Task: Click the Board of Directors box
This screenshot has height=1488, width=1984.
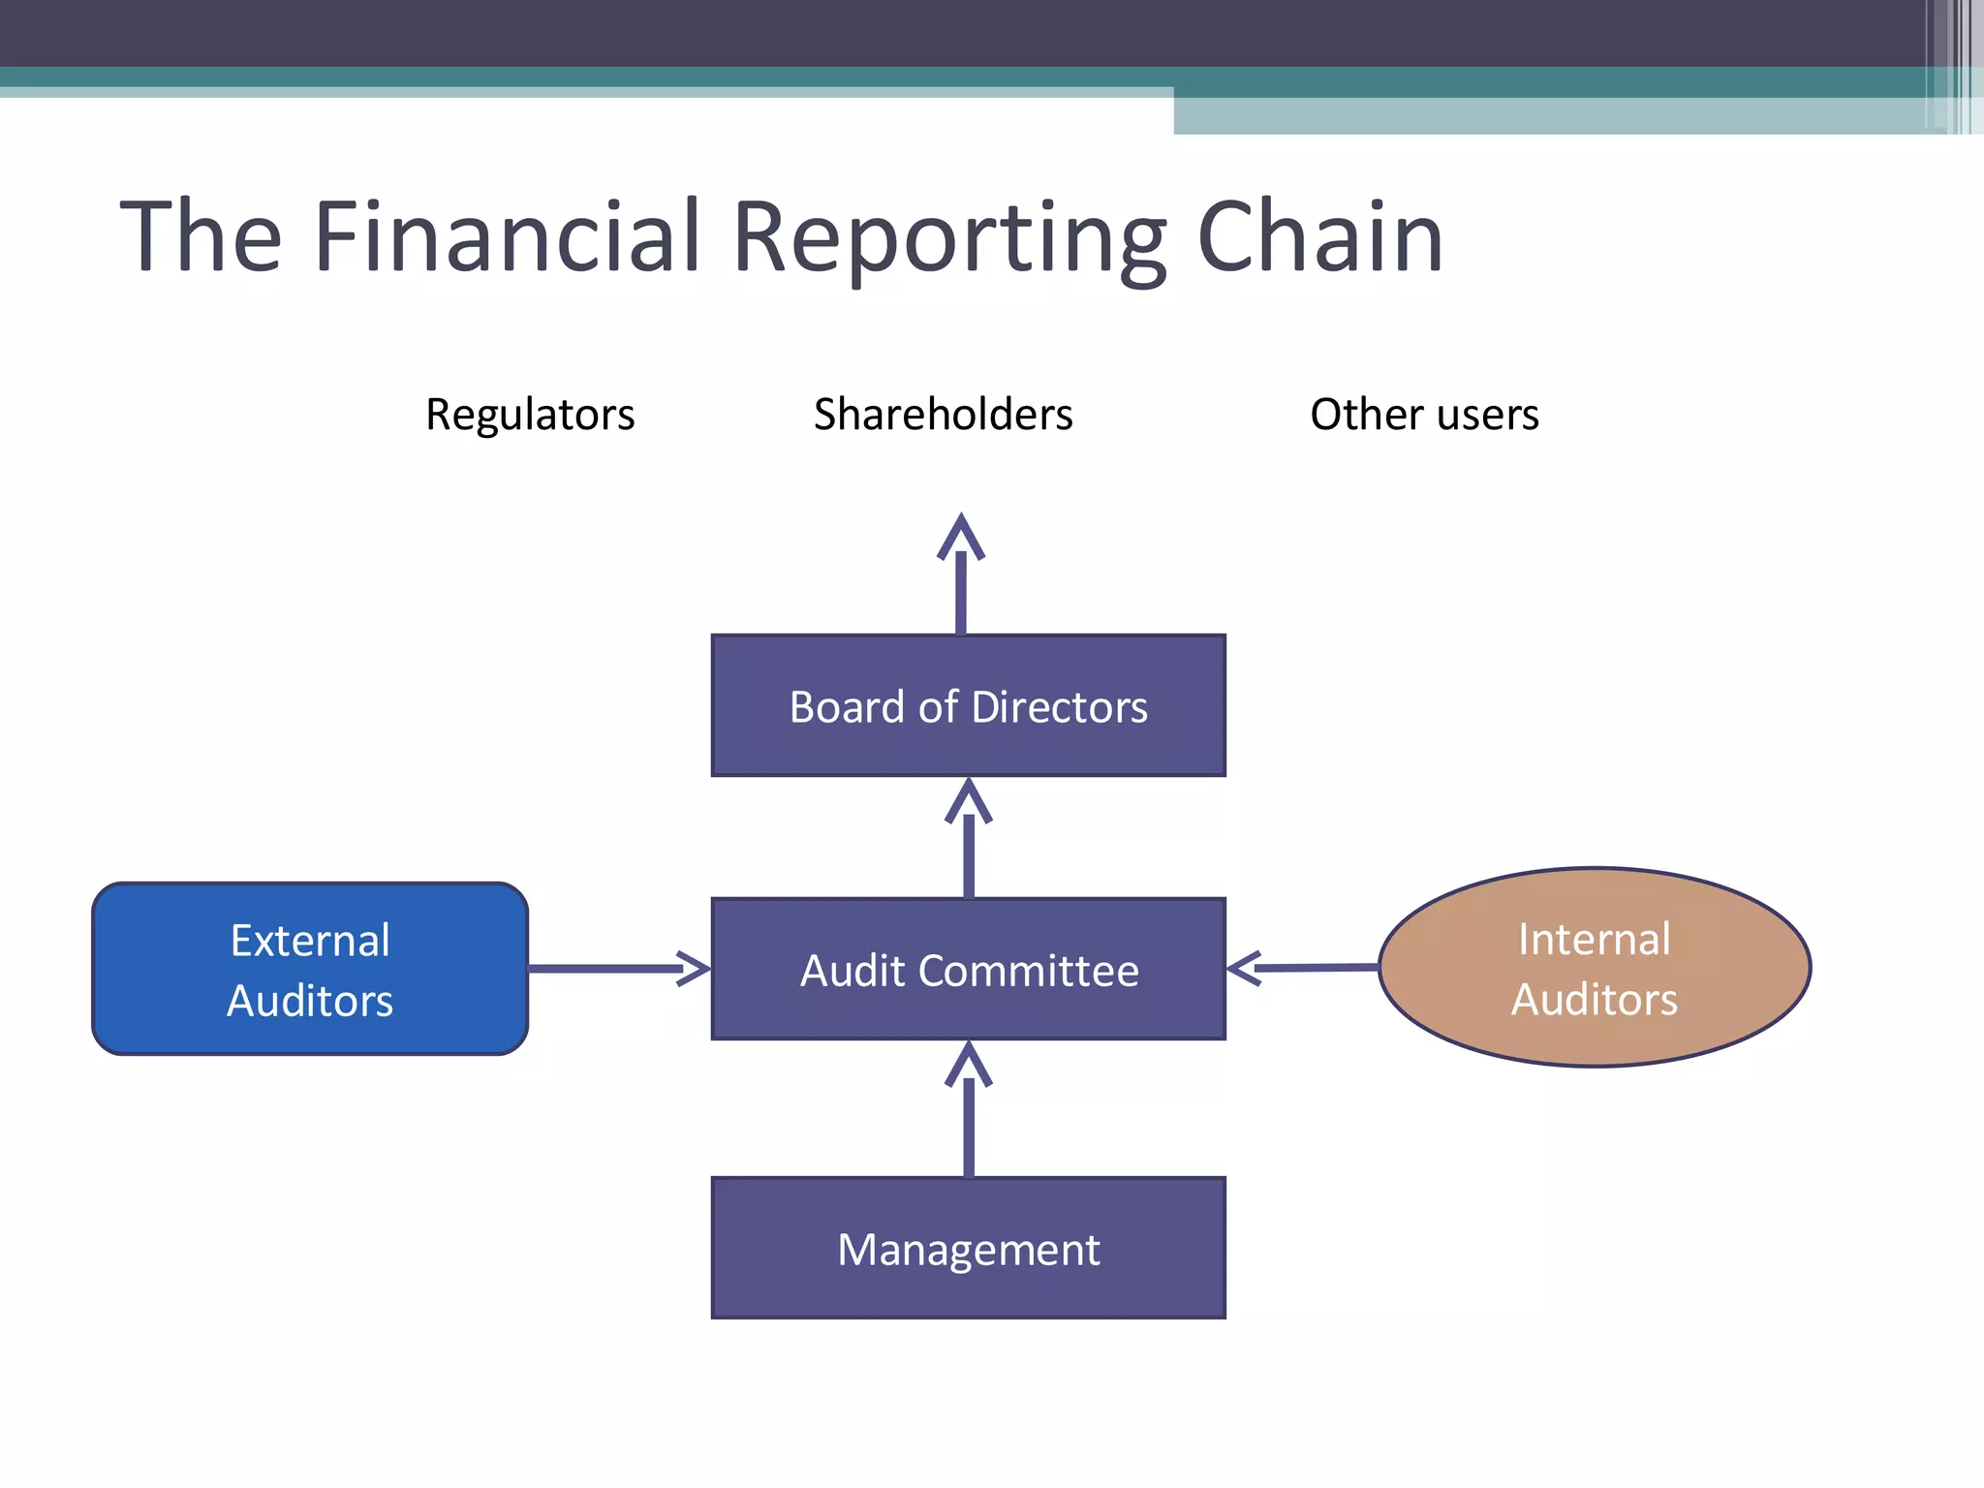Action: pyautogui.click(x=968, y=705)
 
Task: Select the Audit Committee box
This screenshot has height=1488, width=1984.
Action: pyautogui.click(x=968, y=969)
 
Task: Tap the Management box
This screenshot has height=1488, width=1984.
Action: pyautogui.click(x=968, y=1248)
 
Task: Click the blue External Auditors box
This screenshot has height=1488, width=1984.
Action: pyautogui.click(x=310, y=969)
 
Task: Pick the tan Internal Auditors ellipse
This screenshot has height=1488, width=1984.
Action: pyautogui.click(x=1595, y=968)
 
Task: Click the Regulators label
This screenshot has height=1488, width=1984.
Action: pyautogui.click(x=530, y=415)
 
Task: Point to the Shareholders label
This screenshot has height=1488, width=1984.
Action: pyautogui.click(x=943, y=415)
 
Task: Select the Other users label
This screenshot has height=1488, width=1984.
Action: pyautogui.click(x=1424, y=415)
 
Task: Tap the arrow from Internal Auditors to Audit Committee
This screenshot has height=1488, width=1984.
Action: pyautogui.click(x=1303, y=967)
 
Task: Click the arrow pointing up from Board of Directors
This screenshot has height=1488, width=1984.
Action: pyautogui.click(x=961, y=576)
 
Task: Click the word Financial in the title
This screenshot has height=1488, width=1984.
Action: pyautogui.click(x=507, y=236)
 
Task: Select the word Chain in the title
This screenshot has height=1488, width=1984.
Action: pyautogui.click(x=1320, y=236)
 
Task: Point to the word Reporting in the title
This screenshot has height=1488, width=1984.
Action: pyautogui.click(x=949, y=238)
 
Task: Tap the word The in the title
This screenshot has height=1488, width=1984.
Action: pyautogui.click(x=201, y=236)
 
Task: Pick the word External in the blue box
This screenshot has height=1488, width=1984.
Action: pyautogui.click(x=310, y=941)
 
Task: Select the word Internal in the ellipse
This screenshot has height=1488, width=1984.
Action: pyautogui.click(x=1594, y=939)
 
